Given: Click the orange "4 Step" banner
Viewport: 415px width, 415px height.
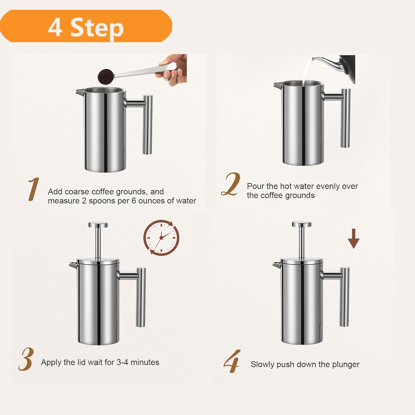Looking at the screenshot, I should [86, 26].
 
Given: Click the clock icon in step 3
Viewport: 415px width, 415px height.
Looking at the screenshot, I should [161, 238].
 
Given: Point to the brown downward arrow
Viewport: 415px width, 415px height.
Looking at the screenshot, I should [354, 239].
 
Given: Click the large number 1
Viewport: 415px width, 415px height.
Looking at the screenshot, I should [33, 189].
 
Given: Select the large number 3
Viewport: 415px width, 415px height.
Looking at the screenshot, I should [26, 359].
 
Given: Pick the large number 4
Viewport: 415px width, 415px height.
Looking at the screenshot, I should [232, 361].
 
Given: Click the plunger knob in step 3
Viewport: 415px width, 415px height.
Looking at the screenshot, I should [98, 225].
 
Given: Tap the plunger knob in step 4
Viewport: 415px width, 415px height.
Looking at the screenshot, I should [302, 224].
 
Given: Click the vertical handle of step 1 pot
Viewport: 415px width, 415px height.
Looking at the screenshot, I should [147, 124].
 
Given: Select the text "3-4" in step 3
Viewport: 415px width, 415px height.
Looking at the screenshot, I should [122, 362].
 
